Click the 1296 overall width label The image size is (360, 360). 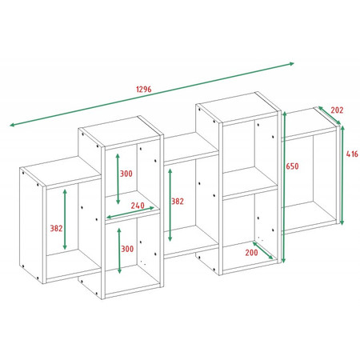[144, 89]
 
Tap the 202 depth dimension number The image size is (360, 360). [337, 110]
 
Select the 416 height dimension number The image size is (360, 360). [352, 154]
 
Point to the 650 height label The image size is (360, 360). [292, 166]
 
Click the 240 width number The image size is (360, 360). [138, 206]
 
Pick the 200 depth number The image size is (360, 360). [252, 252]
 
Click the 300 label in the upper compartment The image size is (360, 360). [126, 174]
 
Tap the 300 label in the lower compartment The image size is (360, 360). [127, 249]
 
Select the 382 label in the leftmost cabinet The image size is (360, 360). [56, 228]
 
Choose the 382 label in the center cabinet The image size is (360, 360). [178, 202]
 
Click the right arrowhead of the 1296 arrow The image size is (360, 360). [293, 64]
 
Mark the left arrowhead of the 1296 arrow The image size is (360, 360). [12, 125]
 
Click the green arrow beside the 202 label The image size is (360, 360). [330, 115]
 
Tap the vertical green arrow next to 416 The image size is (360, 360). [342, 175]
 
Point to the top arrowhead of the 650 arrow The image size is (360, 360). [285, 114]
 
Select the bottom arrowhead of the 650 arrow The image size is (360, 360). [284, 261]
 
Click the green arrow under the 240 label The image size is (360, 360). [130, 213]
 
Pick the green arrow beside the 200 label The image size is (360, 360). [262, 250]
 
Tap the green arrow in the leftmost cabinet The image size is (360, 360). [65, 219]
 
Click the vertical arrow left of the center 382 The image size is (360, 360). [170, 205]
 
